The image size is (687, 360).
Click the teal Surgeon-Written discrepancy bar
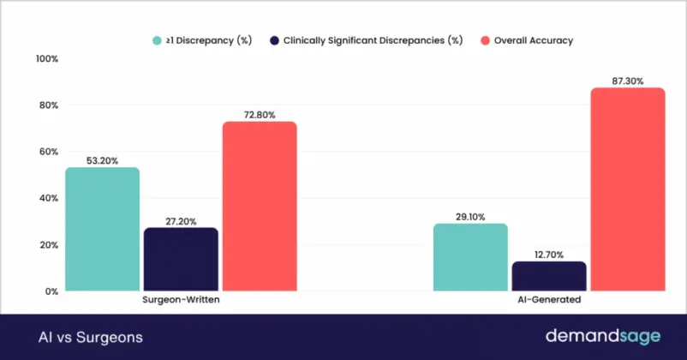click(x=102, y=229)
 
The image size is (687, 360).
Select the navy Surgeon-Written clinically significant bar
click(x=181, y=259)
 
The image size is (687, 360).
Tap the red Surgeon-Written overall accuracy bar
click(x=260, y=206)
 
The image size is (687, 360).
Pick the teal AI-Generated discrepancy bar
click(x=470, y=257)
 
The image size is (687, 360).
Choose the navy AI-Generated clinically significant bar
click(x=549, y=276)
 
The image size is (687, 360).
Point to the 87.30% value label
click(x=628, y=79)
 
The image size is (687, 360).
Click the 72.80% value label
click(x=260, y=113)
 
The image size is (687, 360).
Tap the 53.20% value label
click(x=102, y=159)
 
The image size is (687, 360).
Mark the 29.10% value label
click(x=470, y=215)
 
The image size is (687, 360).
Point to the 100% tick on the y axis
click(x=45, y=58)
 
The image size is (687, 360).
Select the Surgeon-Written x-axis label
click(x=181, y=301)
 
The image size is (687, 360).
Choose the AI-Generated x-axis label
click(x=549, y=301)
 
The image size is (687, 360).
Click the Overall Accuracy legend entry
click(x=532, y=39)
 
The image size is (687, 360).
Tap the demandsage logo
click(x=601, y=336)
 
